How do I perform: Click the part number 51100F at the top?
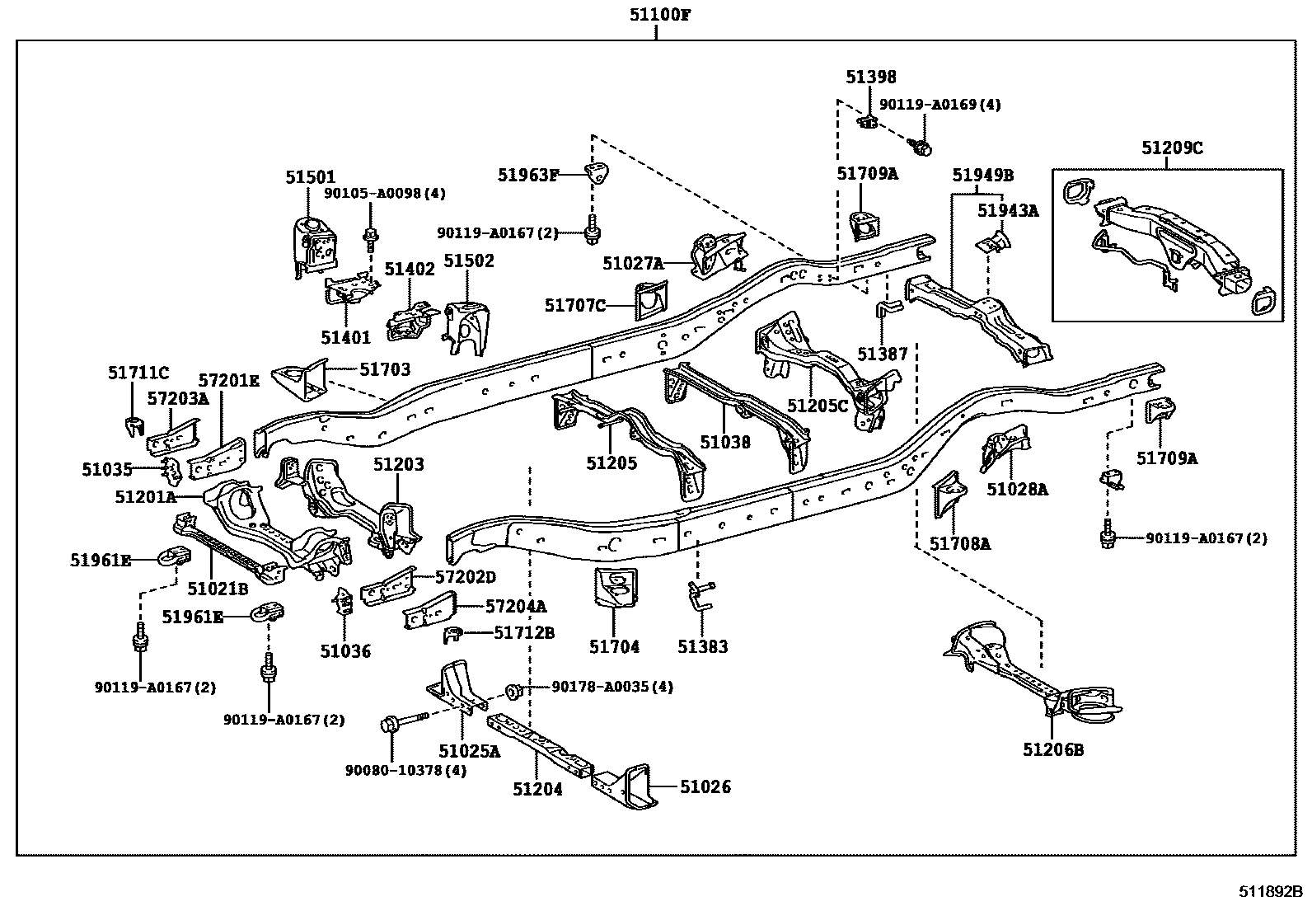(x=660, y=14)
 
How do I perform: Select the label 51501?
(x=311, y=177)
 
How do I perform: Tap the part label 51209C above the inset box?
(x=1172, y=148)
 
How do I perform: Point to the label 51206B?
(x=1053, y=749)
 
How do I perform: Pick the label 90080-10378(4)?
(x=406, y=770)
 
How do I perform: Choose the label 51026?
(x=705, y=786)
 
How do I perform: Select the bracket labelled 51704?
(x=616, y=588)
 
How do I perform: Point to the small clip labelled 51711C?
(x=135, y=426)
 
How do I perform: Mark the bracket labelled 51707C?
(x=651, y=301)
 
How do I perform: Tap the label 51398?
(x=871, y=77)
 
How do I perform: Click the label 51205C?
(x=817, y=406)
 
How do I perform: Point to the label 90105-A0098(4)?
(x=385, y=193)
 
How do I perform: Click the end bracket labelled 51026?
(x=625, y=786)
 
